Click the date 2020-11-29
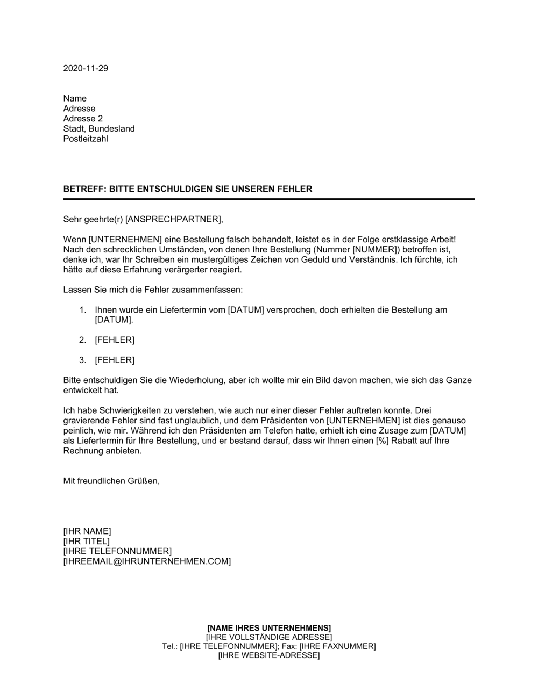pyautogui.click(x=86, y=68)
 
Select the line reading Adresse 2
pyautogui.click(x=83, y=119)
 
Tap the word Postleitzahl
pyautogui.click(x=86, y=139)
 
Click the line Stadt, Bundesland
pyautogui.click(x=99, y=129)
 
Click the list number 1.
pyautogui.click(x=82, y=310)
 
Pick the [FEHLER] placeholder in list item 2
pyautogui.click(x=115, y=340)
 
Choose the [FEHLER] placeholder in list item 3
pyautogui.click(x=115, y=360)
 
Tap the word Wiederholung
pyautogui.click(x=199, y=380)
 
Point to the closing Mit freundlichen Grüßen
pyautogui.click(x=111, y=481)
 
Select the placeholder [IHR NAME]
pyautogui.click(x=87, y=531)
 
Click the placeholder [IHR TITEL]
pyautogui.click(x=86, y=542)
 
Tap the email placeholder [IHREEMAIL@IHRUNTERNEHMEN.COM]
pyautogui.click(x=147, y=561)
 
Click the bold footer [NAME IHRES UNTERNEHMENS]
pyautogui.click(x=269, y=628)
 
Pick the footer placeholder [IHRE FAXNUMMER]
pyautogui.click(x=337, y=646)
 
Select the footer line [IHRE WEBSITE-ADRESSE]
pyautogui.click(x=269, y=655)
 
